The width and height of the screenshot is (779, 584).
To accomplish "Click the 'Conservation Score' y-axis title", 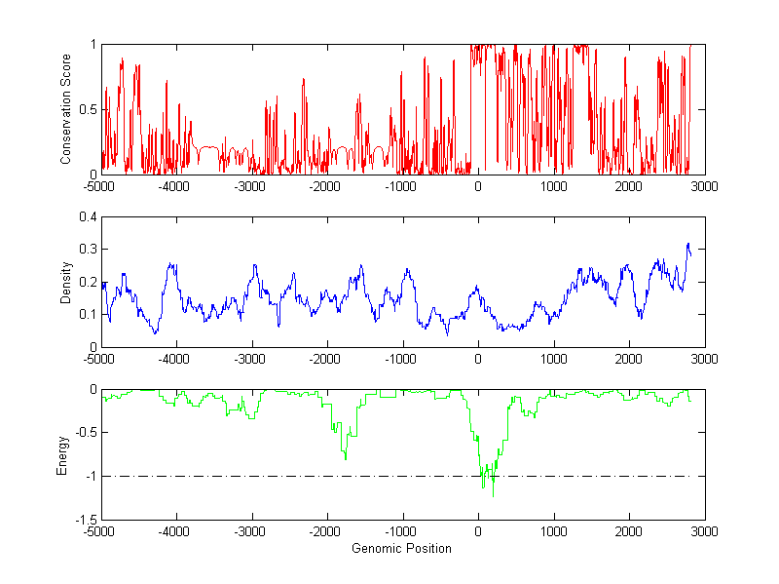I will tap(65, 109).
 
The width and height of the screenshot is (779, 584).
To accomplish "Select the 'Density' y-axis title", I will tap(65, 282).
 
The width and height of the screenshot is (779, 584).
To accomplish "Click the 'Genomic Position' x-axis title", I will tap(402, 548).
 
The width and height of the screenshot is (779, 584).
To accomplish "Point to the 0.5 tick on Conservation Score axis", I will tap(89, 109).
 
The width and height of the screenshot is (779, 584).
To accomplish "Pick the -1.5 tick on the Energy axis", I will tap(85, 520).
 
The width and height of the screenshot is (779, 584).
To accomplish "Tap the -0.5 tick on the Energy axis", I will tap(85, 433).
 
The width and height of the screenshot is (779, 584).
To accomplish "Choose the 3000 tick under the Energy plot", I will tap(705, 531).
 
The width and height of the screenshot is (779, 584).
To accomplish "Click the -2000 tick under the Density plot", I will tap(327, 358).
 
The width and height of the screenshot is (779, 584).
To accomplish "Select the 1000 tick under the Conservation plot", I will tap(554, 185).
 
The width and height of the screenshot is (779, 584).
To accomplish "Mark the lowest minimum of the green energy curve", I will tap(493, 496).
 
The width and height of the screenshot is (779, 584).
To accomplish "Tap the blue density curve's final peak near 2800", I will tap(687, 244).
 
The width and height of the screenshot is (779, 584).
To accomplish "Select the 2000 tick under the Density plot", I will tap(629, 358).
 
